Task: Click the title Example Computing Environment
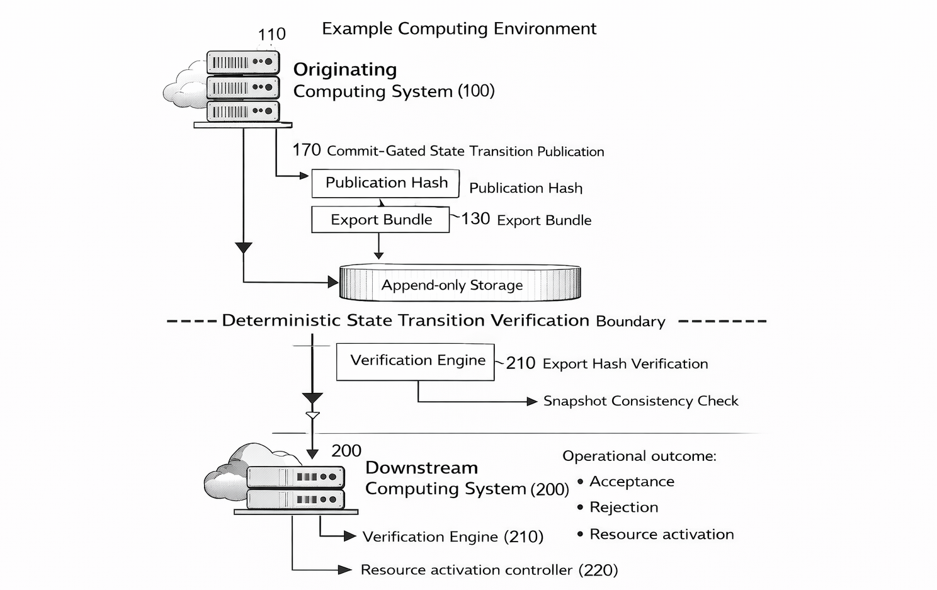coord(459,29)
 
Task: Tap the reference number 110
coord(271,34)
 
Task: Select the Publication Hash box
coord(385,183)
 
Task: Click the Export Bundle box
coord(380,220)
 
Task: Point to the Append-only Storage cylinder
coord(460,284)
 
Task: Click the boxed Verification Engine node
coord(415,361)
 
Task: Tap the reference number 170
coord(306,150)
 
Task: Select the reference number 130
coord(475,219)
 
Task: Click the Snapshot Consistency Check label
coord(640,401)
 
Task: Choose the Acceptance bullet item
coord(632,482)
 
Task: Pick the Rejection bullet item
coord(623,508)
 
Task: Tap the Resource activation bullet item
coord(661,535)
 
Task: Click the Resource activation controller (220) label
coord(489,570)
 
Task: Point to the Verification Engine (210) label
coord(453,537)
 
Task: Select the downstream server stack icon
coord(295,488)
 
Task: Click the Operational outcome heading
coord(639,456)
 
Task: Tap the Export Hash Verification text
coord(625,364)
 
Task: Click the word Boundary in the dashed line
coord(630,322)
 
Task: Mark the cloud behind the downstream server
coord(227,472)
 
